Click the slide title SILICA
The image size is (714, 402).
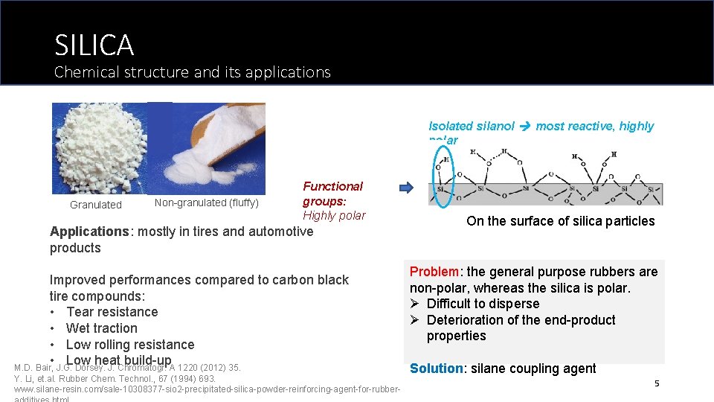coord(94,45)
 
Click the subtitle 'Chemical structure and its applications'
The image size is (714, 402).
coord(192,72)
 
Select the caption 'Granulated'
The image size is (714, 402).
coord(95,205)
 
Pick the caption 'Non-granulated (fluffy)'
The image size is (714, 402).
coord(206,202)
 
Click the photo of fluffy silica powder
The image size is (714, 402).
coord(207,147)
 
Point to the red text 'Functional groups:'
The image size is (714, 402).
coord(332,194)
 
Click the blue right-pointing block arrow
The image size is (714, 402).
coord(406,188)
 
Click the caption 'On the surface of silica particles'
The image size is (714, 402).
coord(560,221)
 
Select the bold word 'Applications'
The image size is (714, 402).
coord(89,232)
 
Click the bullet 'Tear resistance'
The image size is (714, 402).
coord(112,312)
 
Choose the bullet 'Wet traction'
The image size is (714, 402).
coord(101,328)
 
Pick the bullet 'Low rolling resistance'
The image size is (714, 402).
coord(129,345)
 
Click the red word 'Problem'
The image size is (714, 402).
coord(435,272)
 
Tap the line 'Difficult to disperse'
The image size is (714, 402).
coord(483,304)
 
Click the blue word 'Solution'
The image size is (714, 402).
coord(437,368)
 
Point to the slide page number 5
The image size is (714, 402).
coord(657,383)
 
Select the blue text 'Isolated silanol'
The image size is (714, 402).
coord(471,127)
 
